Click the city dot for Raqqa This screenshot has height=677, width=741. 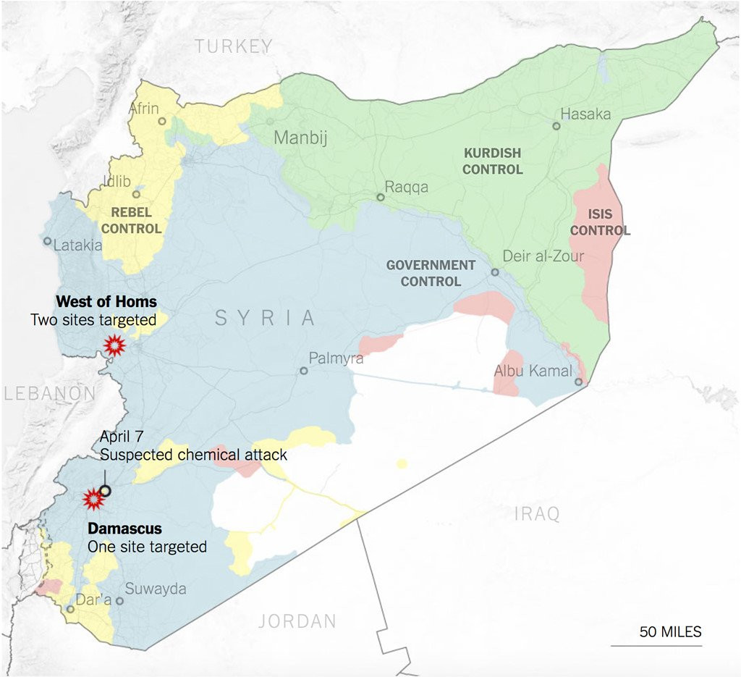tap(380, 197)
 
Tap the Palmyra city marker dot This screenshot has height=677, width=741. tap(304, 371)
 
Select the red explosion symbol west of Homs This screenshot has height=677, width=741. tap(114, 346)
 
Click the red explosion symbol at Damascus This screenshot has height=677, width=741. tap(93, 499)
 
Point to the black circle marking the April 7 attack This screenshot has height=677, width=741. tap(105, 491)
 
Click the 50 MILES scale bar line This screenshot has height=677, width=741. tap(656, 645)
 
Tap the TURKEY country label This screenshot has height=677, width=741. tap(234, 46)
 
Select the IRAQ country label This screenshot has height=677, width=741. tap(537, 515)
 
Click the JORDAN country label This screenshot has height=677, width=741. tap(297, 621)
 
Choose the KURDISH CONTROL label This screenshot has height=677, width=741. tap(492, 161)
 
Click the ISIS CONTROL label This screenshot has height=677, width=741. tap(600, 223)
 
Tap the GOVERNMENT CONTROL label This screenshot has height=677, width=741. tap(431, 273)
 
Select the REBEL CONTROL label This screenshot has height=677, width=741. tap(131, 220)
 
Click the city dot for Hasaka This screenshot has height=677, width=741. tap(556, 126)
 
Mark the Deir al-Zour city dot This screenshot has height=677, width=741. tap(495, 272)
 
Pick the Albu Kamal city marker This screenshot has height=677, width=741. tap(579, 382)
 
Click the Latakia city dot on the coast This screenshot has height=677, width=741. tap(47, 241)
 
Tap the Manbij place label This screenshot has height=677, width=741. tap(300, 138)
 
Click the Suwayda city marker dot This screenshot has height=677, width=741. tap(120, 600)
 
